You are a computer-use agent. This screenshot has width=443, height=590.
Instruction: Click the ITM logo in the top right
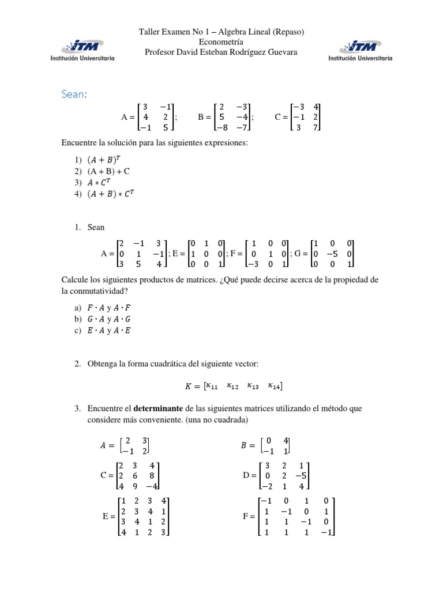(x=361, y=50)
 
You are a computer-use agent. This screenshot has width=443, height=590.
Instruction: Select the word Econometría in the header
(x=221, y=42)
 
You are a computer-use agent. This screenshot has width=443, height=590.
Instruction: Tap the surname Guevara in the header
(x=281, y=52)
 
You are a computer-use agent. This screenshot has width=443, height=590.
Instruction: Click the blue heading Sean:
(x=74, y=94)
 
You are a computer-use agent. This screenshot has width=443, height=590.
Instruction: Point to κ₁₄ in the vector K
(x=275, y=385)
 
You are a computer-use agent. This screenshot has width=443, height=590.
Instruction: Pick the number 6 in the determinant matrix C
(x=136, y=475)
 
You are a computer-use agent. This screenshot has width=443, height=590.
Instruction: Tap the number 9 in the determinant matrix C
(x=136, y=486)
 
